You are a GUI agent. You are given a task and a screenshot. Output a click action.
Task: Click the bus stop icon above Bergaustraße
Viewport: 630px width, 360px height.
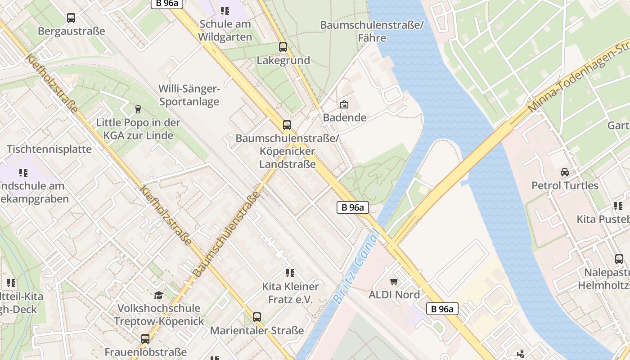pos(71,18)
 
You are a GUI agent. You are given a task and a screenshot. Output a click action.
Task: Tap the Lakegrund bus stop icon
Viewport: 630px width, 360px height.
pos(283,47)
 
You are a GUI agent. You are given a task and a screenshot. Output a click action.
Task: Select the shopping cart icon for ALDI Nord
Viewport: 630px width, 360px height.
pos(394,282)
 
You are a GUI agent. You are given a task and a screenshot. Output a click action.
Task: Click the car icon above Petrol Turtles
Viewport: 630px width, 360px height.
pos(564,172)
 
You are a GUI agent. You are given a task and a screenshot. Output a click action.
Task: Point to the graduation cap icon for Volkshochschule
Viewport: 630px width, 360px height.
pos(158,295)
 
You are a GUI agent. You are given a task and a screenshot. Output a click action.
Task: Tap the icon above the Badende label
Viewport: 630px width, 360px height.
pos(344,105)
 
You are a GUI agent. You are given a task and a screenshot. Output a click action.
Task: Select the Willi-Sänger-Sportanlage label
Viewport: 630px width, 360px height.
pos(189,95)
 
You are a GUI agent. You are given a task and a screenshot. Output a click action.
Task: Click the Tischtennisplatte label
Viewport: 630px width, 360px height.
pos(49,149)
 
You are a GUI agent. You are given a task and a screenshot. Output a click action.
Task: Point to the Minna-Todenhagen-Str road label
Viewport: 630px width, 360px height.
pos(578,76)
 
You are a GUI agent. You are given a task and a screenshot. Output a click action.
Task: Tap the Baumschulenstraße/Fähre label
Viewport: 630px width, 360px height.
pos(372,31)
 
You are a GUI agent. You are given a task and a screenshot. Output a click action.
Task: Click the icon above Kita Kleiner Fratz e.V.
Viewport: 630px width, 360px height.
pos(290,273)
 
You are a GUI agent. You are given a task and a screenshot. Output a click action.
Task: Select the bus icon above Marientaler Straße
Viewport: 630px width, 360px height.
pos(257,317)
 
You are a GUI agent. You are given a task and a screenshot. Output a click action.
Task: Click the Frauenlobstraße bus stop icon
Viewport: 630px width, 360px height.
pos(145,339)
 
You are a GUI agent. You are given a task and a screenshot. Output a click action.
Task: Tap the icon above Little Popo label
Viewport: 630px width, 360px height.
pos(138,109)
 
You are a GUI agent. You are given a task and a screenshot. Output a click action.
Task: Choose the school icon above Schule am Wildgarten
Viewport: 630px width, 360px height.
pos(225,10)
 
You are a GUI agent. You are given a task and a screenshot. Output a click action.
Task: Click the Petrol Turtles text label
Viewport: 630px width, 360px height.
pos(565,185)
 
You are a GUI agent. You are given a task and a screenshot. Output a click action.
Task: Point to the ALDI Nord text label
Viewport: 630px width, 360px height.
pos(394,295)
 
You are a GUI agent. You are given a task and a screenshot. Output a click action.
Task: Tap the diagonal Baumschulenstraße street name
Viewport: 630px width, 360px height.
pos(228,234)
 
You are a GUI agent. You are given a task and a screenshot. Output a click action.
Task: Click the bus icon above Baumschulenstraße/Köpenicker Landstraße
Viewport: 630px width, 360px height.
pos(287,125)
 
